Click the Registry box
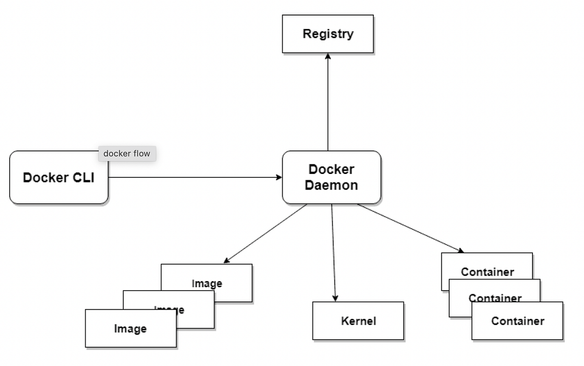[328, 34]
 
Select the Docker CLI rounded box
[58, 177]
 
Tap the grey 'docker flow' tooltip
[127, 154]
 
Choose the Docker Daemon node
[331, 177]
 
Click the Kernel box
[358, 321]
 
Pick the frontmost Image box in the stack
[130, 329]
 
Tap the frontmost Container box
[517, 321]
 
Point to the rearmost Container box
[487, 266]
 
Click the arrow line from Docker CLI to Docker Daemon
[195, 177]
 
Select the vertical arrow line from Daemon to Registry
[328, 102]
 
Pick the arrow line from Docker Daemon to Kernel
[334, 253]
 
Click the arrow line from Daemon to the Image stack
[265, 234]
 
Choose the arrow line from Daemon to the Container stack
[411, 228]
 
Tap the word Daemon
[331, 185]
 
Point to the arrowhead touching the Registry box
[328, 56]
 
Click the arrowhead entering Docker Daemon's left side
[279, 177]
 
